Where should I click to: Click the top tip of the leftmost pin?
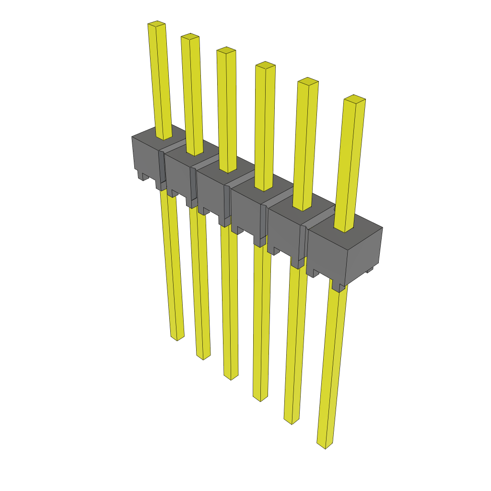(156, 23)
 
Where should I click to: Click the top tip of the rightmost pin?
(354, 99)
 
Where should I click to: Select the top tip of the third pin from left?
(226, 50)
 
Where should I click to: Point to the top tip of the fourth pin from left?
(265, 65)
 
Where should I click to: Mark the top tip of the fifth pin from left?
(308, 81)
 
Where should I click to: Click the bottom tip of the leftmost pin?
(177, 338)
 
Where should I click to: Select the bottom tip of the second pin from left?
(203, 356)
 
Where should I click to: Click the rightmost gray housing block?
(326, 254)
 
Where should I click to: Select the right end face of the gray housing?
(364, 254)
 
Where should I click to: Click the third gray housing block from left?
(211, 189)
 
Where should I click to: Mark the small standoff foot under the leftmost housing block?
(143, 176)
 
